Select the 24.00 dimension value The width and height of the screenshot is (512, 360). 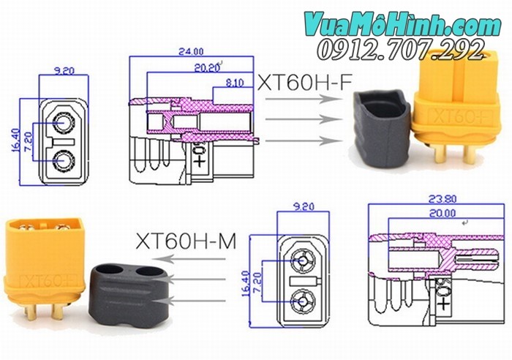point(192,52)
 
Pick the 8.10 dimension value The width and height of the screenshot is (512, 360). point(233,83)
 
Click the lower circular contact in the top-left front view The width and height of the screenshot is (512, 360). point(63,159)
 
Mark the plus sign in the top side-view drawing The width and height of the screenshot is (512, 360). point(200,161)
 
